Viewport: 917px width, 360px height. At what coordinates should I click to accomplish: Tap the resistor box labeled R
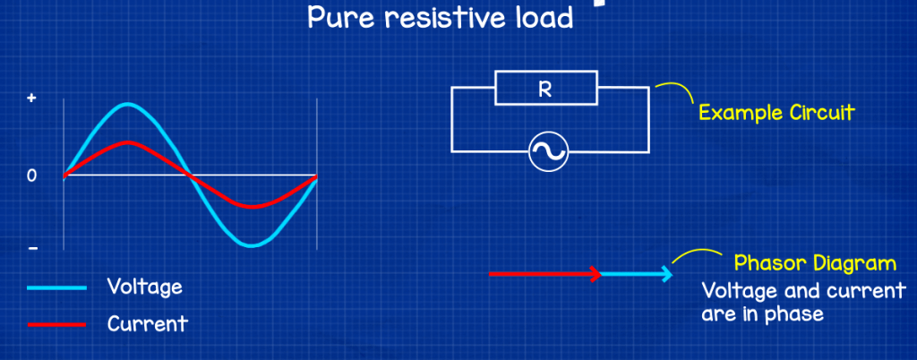point(545,89)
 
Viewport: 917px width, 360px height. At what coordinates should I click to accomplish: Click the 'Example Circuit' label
point(776,114)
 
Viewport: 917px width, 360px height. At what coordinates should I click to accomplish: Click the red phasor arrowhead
point(596,274)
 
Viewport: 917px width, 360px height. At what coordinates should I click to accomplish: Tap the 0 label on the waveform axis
point(32,176)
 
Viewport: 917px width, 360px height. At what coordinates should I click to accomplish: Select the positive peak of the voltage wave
point(127,105)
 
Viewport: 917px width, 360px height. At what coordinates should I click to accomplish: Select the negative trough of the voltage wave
point(253,244)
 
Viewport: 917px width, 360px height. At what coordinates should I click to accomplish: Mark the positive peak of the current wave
point(127,142)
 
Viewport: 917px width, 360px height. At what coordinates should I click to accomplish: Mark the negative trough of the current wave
point(253,206)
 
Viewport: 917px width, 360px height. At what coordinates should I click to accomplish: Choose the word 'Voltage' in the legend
point(144,287)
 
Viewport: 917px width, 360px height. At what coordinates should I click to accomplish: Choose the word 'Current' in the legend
point(148,323)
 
